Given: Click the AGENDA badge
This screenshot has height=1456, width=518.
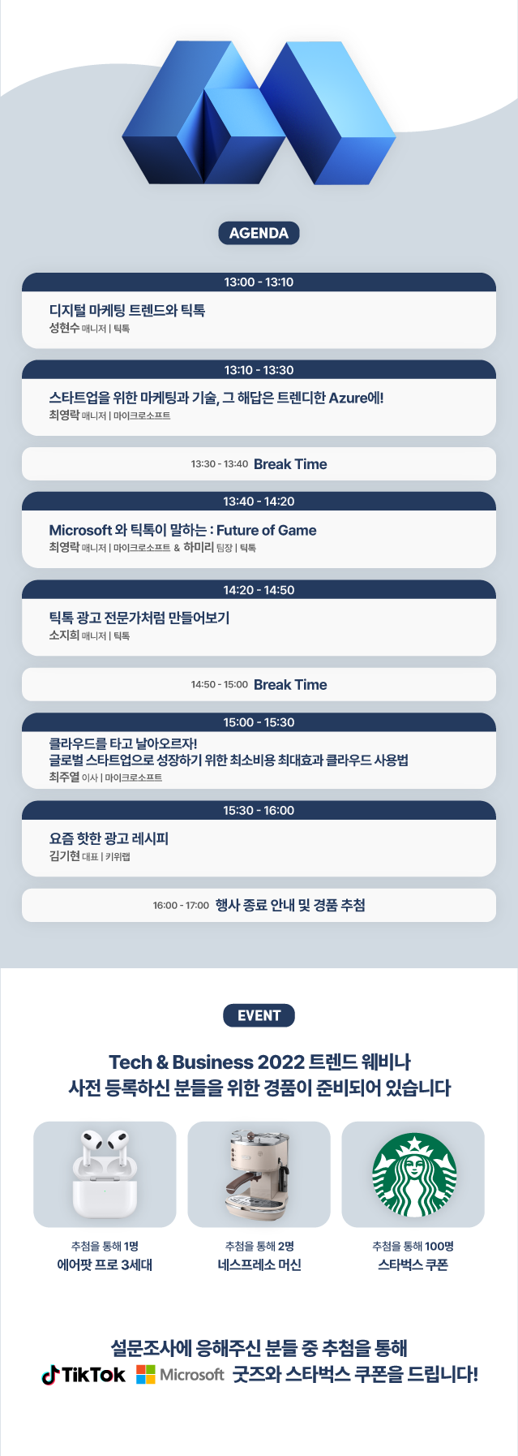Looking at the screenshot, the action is pyautogui.click(x=259, y=233).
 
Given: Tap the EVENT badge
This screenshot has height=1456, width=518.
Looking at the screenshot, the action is pyautogui.click(x=259, y=1015).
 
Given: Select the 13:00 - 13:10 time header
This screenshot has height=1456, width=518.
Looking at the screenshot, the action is pyautogui.click(x=259, y=282).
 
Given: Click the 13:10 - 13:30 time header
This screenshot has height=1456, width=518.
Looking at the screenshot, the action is pyautogui.click(x=259, y=370).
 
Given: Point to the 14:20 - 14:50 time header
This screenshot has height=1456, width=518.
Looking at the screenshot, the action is pyautogui.click(x=259, y=590).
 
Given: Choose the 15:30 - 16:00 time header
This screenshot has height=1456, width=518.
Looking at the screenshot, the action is pyautogui.click(x=259, y=811).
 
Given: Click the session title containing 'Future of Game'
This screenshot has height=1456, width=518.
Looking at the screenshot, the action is pyautogui.click(x=182, y=530).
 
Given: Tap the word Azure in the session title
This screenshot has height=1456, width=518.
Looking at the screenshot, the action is pyautogui.click(x=348, y=398).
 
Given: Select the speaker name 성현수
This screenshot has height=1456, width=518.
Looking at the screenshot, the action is pyautogui.click(x=64, y=328).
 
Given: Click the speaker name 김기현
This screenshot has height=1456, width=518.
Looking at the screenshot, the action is pyautogui.click(x=64, y=856).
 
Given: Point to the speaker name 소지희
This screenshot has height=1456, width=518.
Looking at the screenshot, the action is pyautogui.click(x=64, y=635).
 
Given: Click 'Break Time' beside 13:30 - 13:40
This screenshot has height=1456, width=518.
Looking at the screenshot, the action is pyautogui.click(x=290, y=464).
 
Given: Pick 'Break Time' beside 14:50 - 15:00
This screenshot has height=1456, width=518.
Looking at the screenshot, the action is pyautogui.click(x=290, y=685).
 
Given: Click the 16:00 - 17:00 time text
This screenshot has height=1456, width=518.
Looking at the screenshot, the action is pyautogui.click(x=181, y=906).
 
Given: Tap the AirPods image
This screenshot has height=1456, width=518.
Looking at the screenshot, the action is pyautogui.click(x=105, y=1174).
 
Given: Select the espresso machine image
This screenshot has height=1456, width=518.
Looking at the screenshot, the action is pyautogui.click(x=258, y=1174).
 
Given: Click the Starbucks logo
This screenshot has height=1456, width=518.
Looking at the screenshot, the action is pyautogui.click(x=414, y=1175).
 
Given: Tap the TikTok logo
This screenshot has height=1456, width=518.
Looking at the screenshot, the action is pyautogui.click(x=83, y=1375).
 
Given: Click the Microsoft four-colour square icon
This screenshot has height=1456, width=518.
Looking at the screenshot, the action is pyautogui.click(x=146, y=1375).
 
